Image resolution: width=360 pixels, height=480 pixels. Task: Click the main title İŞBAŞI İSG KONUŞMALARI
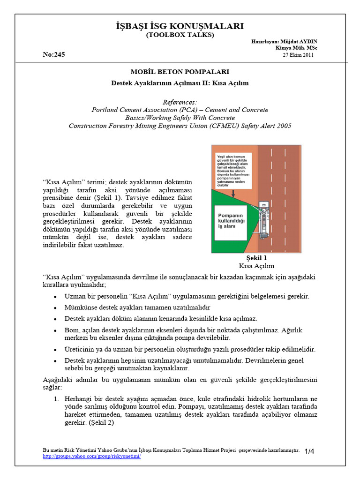pos(180,26)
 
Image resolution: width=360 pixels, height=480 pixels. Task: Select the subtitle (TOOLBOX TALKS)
pos(180,35)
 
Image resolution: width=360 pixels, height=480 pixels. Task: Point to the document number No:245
pos(53,54)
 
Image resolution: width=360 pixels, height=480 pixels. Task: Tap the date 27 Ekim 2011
pos(298,55)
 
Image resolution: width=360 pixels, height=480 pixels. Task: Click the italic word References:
pos(180,102)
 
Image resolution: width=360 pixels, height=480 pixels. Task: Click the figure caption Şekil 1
pos(256,258)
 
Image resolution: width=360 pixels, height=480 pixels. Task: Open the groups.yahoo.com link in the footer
pos(91,456)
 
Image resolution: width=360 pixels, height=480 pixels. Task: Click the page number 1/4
pos(309,451)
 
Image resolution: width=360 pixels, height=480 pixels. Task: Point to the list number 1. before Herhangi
pos(55,398)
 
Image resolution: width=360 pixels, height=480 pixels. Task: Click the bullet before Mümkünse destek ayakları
pos(55,307)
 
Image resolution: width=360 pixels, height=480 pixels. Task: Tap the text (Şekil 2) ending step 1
pos(96,422)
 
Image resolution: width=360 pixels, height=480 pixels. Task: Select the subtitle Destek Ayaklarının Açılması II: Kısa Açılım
pos(180,83)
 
